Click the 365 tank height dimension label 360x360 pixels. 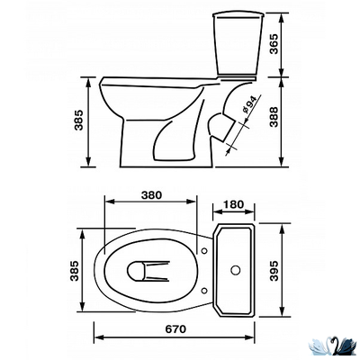(274, 44)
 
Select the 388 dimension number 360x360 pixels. (274, 117)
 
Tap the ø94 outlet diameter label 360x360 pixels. (248, 104)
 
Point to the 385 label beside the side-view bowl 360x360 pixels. (78, 121)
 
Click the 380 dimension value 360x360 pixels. (151, 195)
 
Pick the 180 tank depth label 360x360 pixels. (233, 204)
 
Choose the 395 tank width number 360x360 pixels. (274, 271)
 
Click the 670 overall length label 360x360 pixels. (175, 329)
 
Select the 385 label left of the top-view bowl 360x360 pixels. (74, 271)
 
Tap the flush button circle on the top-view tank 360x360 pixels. (236, 270)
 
